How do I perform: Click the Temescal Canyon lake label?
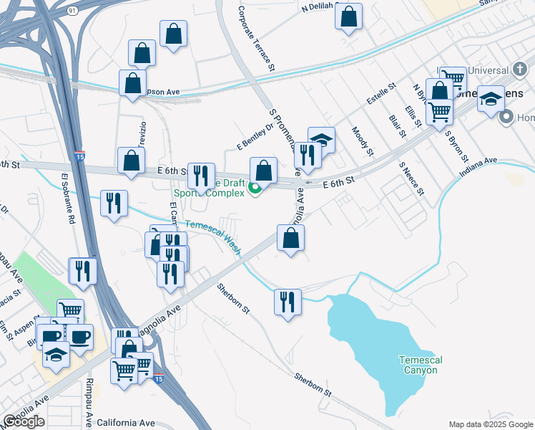pyautogui.click(x=419, y=365)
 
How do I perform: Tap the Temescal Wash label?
pyautogui.click(x=214, y=236)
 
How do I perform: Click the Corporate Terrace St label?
pyautogui.click(x=255, y=40)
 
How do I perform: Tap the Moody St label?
pyautogui.click(x=362, y=141)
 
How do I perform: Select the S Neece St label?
pyautogui.click(x=412, y=179)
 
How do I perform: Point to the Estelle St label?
pyautogui.click(x=381, y=95)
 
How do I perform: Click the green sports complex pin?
pyautogui.click(x=255, y=189)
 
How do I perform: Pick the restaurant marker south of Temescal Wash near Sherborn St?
pyautogui.click(x=288, y=301)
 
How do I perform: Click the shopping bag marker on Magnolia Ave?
pyautogui.click(x=291, y=239)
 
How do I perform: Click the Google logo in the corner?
pyautogui.click(x=24, y=421)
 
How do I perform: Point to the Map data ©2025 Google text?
pyautogui.click(x=490, y=424)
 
